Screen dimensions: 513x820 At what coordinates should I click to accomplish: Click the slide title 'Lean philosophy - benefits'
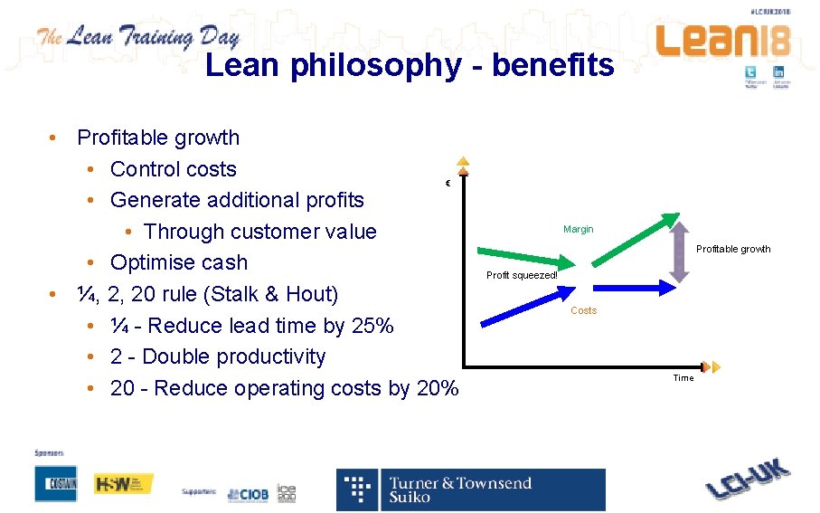tap(410, 65)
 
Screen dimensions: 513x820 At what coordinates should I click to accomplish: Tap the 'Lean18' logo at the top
tap(722, 42)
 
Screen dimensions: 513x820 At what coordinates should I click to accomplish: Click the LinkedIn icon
tap(779, 73)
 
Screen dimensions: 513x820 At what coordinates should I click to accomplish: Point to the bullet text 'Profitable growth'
tap(158, 138)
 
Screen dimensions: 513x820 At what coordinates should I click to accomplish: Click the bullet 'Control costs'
tap(173, 169)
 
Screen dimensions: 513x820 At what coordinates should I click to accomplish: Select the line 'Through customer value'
tap(259, 232)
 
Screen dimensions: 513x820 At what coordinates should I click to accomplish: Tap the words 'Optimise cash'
tap(178, 262)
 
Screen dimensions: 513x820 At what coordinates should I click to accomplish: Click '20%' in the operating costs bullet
tap(438, 388)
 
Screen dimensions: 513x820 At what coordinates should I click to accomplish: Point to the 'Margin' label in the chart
tap(578, 229)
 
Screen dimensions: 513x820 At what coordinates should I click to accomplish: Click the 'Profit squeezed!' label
tap(522, 275)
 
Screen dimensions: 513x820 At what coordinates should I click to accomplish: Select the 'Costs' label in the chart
tap(583, 310)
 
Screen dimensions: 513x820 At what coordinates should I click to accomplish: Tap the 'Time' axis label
tap(683, 378)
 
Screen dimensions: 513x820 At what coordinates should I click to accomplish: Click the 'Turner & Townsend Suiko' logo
tap(471, 489)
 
